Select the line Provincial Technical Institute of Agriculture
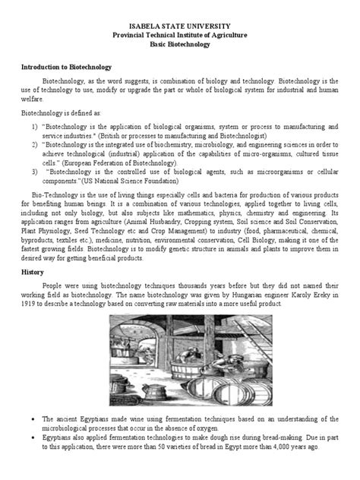(180, 35)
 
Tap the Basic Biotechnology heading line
(180, 45)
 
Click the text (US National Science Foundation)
(128, 182)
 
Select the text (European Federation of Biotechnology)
(113, 162)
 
